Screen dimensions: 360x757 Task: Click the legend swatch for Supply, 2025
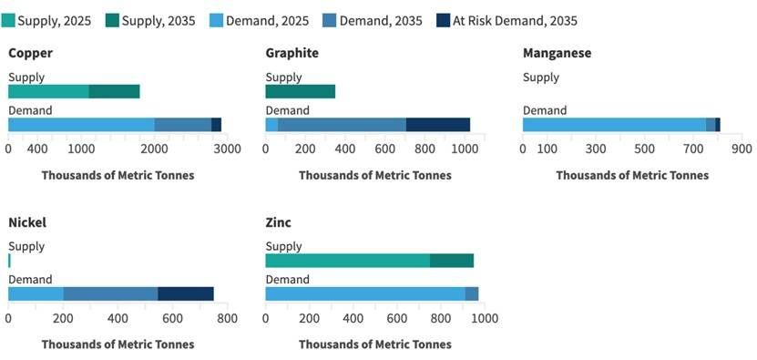click(x=9, y=20)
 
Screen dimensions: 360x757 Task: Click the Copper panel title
click(x=30, y=53)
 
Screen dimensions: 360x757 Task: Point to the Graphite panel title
click(x=292, y=53)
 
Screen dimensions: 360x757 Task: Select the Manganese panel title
click(x=557, y=53)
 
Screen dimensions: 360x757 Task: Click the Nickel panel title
click(x=27, y=221)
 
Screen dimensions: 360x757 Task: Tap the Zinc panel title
click(x=279, y=221)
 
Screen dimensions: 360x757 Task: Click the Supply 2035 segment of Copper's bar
click(x=114, y=91)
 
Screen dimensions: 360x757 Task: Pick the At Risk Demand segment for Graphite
click(x=437, y=125)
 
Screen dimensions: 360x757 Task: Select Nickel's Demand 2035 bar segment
click(x=110, y=293)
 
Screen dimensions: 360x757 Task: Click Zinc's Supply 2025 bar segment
click(x=347, y=261)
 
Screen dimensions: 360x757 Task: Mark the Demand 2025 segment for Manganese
click(x=614, y=125)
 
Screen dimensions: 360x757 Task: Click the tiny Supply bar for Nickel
click(x=9, y=261)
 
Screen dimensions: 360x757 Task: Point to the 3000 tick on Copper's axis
click(x=227, y=149)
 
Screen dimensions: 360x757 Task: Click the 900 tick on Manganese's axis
click(x=741, y=149)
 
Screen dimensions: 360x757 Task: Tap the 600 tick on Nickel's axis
click(x=172, y=319)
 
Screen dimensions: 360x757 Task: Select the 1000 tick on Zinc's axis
click(x=484, y=319)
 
